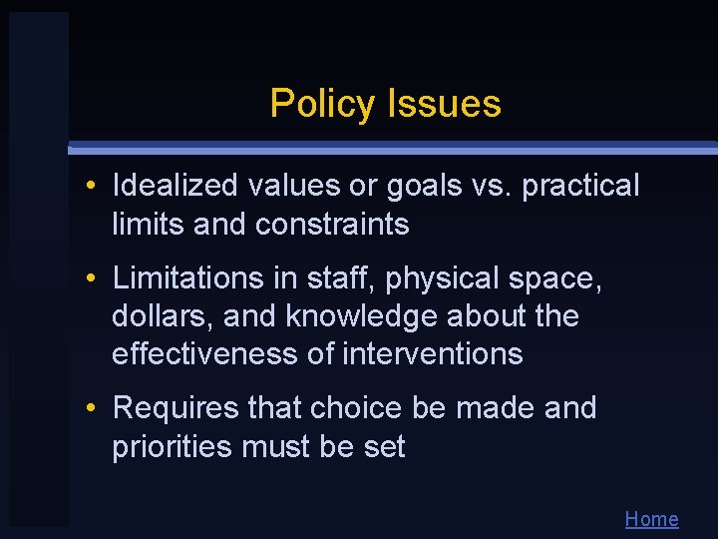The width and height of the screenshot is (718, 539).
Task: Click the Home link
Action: (x=651, y=519)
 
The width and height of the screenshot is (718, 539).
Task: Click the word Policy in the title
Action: (x=317, y=104)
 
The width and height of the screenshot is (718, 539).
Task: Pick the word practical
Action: (x=581, y=187)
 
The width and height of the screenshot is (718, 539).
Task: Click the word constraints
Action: (x=332, y=225)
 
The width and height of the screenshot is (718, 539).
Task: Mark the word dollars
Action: (x=163, y=315)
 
